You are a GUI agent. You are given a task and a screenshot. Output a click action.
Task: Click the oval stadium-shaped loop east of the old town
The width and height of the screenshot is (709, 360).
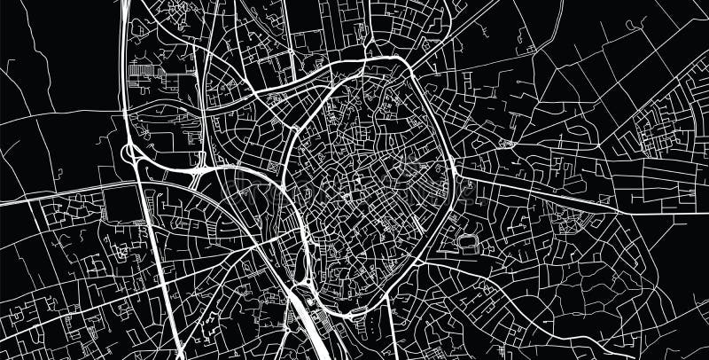[467, 242]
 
